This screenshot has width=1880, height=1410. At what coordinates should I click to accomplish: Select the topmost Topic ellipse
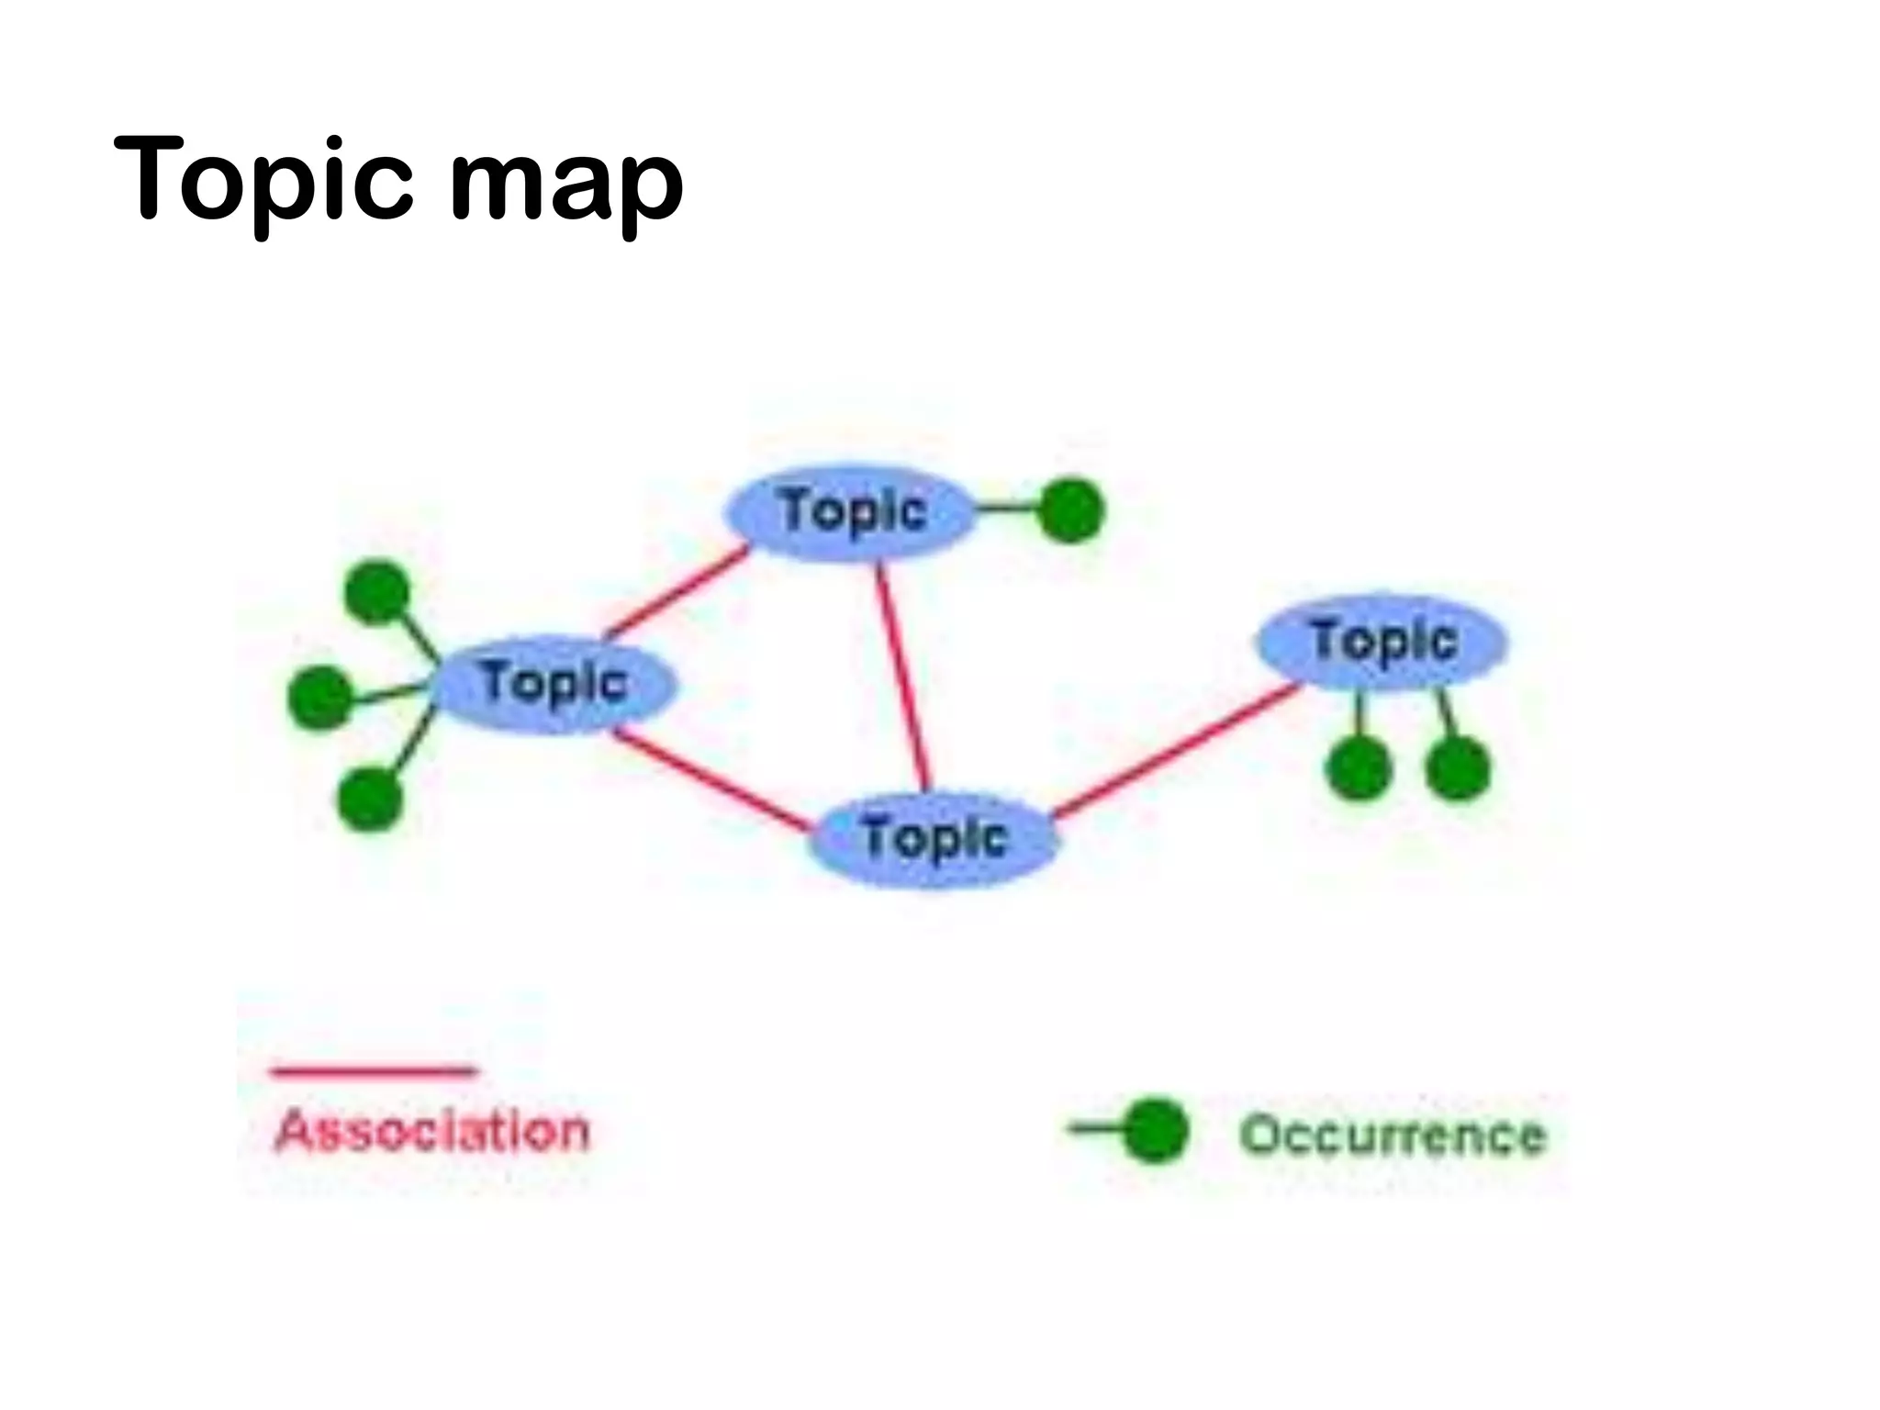pos(850,511)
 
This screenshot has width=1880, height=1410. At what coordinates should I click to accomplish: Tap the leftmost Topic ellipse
pos(554,684)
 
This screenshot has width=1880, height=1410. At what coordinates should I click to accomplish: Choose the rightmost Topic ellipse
pos(1382,641)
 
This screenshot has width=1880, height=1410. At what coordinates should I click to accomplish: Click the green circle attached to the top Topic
pos(1070,510)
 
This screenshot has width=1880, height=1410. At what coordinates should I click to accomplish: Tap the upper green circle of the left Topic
pos(377,593)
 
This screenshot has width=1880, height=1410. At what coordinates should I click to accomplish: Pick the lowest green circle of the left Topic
pos(370,800)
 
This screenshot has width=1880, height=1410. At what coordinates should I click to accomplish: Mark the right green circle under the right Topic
pos(1458,767)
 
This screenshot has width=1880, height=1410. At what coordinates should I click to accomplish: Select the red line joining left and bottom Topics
pos(711,781)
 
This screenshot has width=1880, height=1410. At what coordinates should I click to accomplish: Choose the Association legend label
pos(431,1130)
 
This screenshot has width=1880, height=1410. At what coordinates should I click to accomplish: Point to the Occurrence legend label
pos(1393,1135)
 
